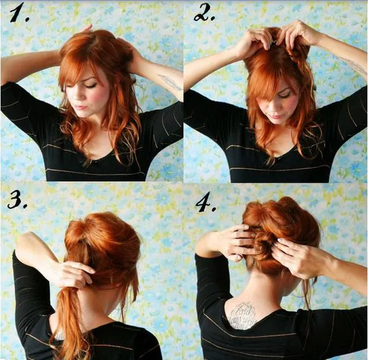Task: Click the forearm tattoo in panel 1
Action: (169, 82)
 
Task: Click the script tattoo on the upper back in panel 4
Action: (242, 316)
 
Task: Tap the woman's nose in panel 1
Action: (78, 99)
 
